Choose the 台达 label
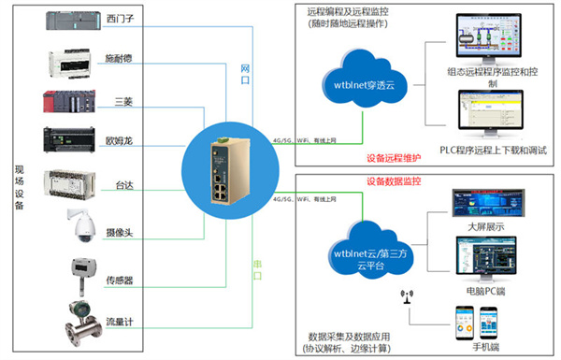coord(122,186)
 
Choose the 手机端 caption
coord(484,348)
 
